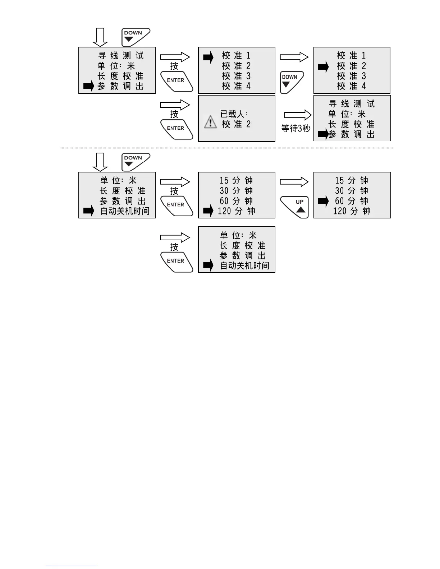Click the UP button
tap(295, 207)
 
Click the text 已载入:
tap(234, 114)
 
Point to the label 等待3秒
tap(295, 129)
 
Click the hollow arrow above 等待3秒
tap(298, 115)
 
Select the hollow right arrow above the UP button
tap(294, 182)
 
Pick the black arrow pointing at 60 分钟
tap(323, 201)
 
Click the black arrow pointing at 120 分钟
tap(208, 211)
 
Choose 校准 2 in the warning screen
tap(236, 124)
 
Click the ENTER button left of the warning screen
tap(176, 129)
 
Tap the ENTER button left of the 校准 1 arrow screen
tap(176, 82)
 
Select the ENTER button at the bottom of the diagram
tap(176, 262)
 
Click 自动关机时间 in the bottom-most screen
tap(244, 266)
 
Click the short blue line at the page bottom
tap(71, 566)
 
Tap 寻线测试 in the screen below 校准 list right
tap(352, 104)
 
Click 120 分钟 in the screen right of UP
tap(352, 211)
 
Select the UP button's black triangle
tap(301, 210)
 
